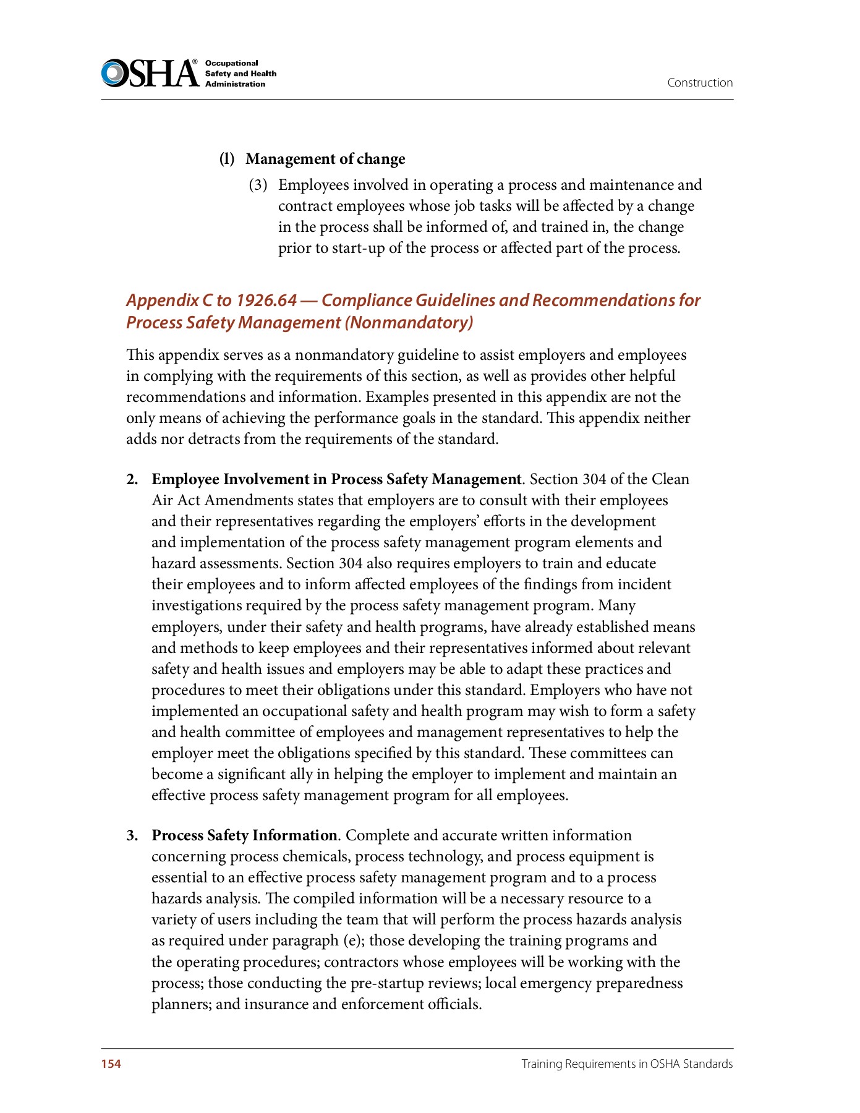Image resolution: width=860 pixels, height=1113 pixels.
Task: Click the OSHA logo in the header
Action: tap(150, 73)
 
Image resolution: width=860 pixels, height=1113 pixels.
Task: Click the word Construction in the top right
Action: tap(700, 83)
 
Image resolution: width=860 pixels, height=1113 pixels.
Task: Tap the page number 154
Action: tap(111, 1064)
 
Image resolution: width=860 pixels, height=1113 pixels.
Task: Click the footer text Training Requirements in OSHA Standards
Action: tap(627, 1064)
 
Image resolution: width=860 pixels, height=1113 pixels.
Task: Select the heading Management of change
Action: tap(325, 159)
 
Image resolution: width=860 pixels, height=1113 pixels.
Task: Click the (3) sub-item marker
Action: tap(258, 185)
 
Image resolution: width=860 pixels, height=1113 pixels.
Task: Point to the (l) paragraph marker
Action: tap(227, 159)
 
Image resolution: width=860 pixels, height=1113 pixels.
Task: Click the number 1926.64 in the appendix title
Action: tap(266, 301)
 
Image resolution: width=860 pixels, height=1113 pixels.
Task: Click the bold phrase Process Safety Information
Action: tap(244, 835)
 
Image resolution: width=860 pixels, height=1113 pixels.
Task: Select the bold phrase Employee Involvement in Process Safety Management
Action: tap(336, 479)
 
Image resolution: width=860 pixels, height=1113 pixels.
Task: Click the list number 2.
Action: tap(132, 479)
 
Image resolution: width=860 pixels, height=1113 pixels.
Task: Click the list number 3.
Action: tap(132, 835)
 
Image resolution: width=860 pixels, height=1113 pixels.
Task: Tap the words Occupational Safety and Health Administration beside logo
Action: tap(241, 74)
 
